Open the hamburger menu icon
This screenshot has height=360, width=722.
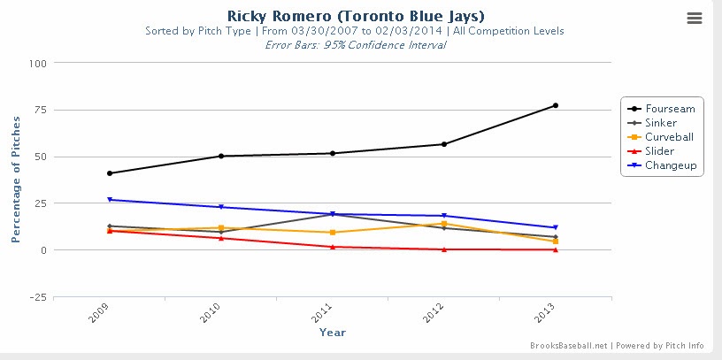[695, 19]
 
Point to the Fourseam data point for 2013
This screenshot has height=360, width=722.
[555, 105]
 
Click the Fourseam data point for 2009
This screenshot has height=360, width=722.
[109, 173]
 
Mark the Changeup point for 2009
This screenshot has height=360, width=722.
[109, 200]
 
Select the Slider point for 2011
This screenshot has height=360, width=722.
[332, 247]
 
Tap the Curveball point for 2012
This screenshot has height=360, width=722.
[443, 223]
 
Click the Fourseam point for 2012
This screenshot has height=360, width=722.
[443, 144]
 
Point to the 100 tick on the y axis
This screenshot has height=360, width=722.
[37, 64]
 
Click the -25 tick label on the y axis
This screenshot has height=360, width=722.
[37, 297]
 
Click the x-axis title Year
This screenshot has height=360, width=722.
[332, 333]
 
